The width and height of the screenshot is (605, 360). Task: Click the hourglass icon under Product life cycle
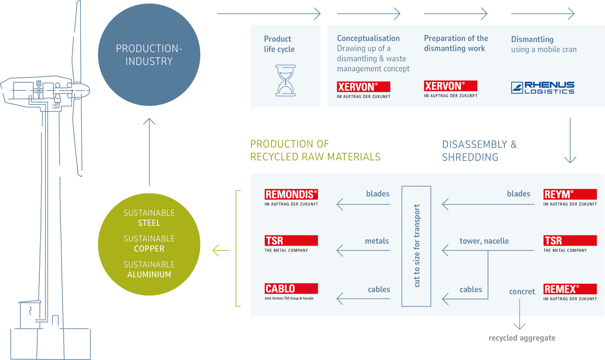(x=285, y=80)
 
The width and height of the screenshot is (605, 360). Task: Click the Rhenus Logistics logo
(x=543, y=88)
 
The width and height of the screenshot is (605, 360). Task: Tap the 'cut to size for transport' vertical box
(x=416, y=246)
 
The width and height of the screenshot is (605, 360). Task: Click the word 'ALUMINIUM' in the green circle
(x=149, y=275)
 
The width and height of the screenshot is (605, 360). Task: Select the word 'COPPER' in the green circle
(x=149, y=249)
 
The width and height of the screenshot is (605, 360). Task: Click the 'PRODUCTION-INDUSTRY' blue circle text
(x=149, y=55)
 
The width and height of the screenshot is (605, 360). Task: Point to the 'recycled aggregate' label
(x=522, y=338)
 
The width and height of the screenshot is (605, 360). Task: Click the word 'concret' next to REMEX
(x=522, y=292)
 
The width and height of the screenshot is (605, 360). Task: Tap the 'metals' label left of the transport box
(x=377, y=241)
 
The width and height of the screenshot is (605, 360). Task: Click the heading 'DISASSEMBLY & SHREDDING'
(x=479, y=151)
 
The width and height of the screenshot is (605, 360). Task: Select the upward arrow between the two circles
(x=149, y=152)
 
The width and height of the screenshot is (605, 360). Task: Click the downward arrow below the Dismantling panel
(x=570, y=141)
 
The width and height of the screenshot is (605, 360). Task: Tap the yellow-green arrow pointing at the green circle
(x=221, y=251)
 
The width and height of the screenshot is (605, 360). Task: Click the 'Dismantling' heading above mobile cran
(x=532, y=39)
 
